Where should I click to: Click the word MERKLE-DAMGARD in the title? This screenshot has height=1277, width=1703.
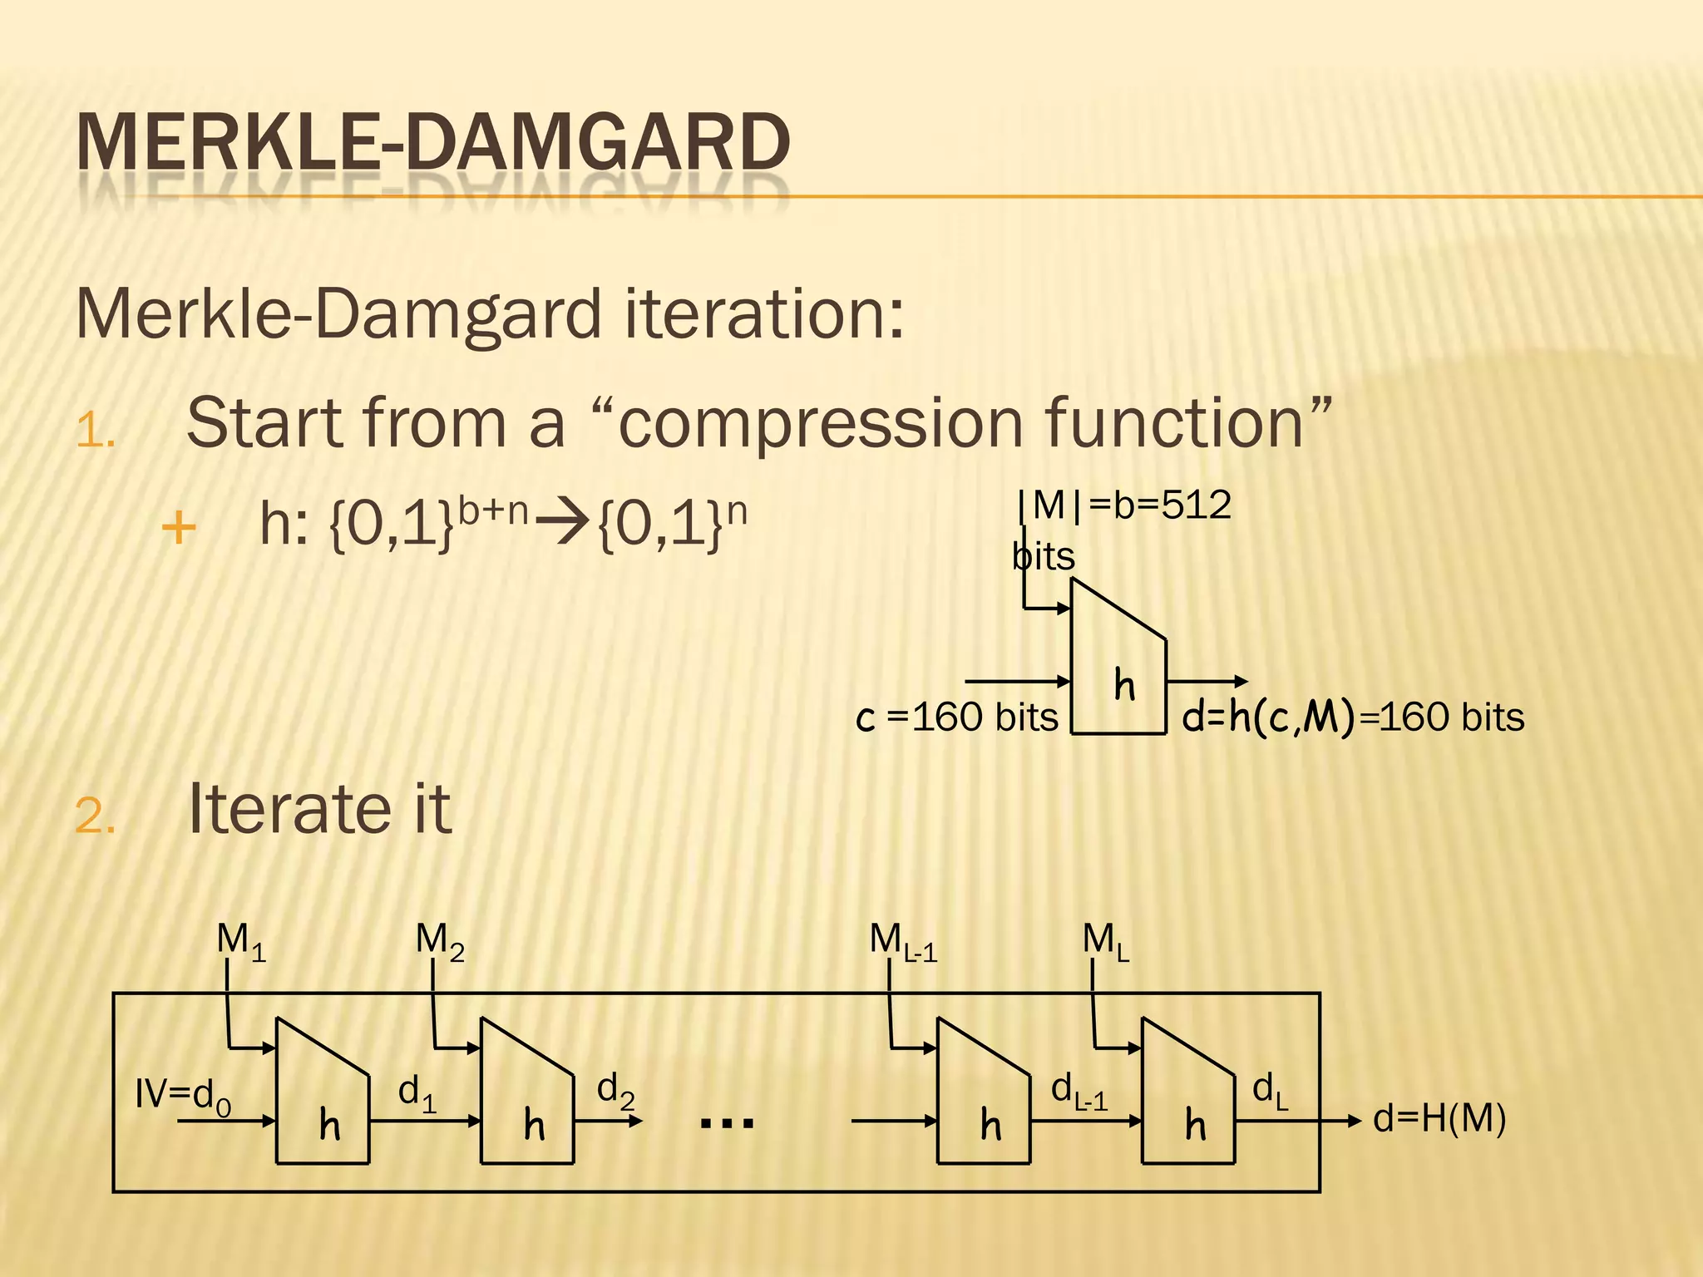432,142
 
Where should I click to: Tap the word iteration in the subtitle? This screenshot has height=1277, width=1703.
763,313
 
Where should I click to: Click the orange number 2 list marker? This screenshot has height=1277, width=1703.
96,816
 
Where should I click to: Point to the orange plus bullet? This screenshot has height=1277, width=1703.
179,528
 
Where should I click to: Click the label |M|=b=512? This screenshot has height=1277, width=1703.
1124,505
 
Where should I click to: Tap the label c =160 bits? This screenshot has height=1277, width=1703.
956,717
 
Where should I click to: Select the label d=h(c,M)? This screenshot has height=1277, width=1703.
1268,717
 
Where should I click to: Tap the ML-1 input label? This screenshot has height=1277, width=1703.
903,942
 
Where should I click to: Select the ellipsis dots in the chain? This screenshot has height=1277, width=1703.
727,1123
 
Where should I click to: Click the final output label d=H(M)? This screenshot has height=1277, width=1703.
1439,1119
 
